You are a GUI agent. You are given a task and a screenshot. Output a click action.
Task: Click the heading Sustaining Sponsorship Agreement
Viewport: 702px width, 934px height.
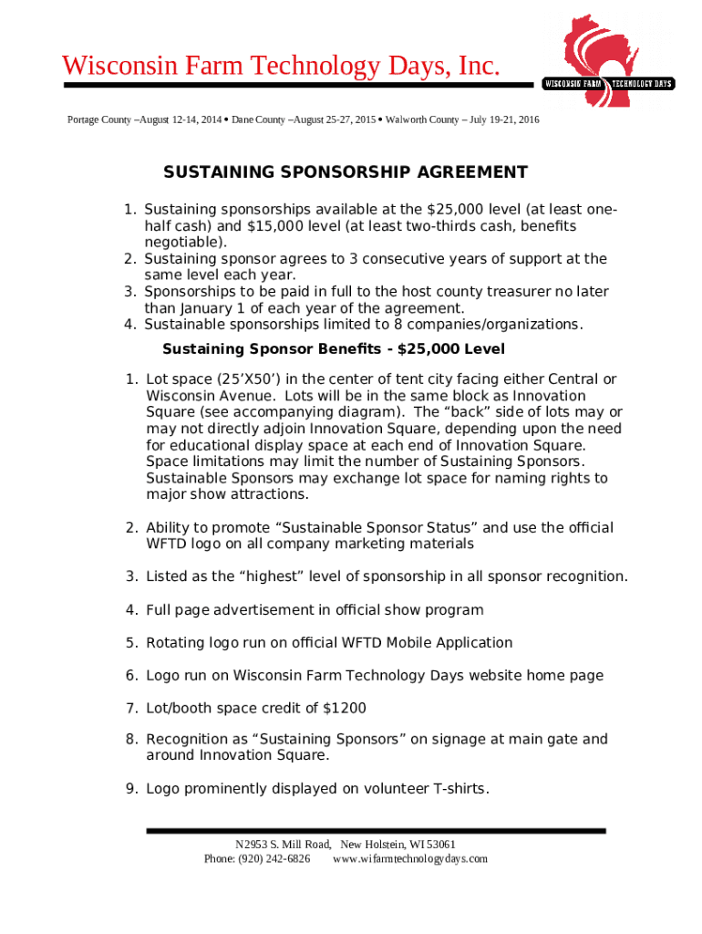[x=345, y=172]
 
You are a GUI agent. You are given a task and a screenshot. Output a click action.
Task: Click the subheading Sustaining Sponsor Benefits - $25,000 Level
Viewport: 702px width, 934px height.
[x=333, y=349]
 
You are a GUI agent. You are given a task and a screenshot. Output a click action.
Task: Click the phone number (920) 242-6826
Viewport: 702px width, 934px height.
[x=274, y=859]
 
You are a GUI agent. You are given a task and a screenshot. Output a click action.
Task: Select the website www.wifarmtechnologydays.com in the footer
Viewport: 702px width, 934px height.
[x=410, y=859]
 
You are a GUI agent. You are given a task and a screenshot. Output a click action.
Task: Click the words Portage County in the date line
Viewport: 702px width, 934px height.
[x=99, y=119]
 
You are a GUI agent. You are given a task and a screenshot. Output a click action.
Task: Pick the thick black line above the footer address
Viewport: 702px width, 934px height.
[x=376, y=830]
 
